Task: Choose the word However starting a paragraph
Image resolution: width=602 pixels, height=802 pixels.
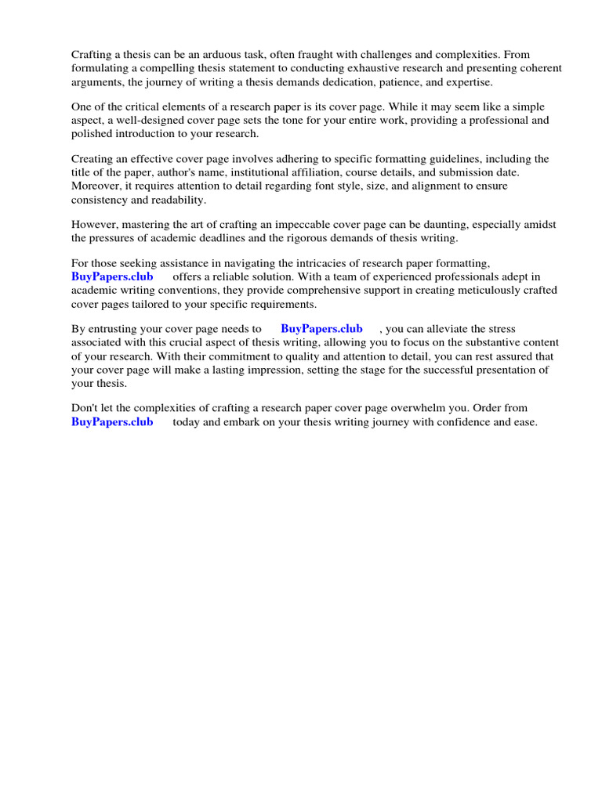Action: point(94,224)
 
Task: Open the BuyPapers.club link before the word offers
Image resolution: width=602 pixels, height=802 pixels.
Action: point(112,276)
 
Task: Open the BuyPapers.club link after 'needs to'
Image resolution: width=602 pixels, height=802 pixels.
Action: point(321,329)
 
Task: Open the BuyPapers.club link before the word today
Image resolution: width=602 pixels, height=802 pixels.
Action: point(112,422)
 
